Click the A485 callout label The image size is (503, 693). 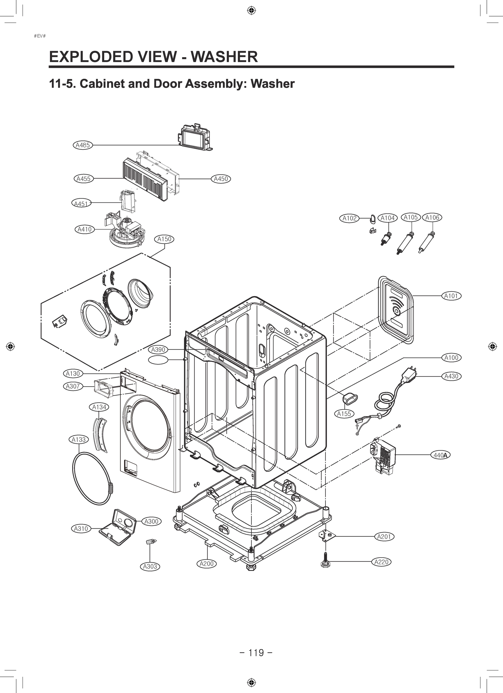83,145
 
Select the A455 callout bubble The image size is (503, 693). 84,179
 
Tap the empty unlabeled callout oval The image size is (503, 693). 158,360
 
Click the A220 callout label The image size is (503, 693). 382,562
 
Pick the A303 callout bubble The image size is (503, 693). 150,566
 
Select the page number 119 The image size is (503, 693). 256,652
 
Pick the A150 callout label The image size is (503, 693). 164,239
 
